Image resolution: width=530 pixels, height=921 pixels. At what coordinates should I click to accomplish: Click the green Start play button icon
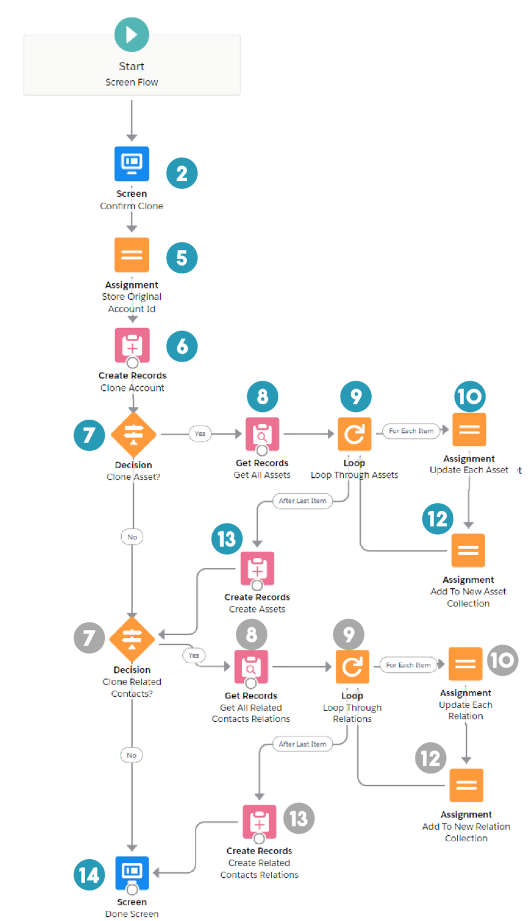(x=132, y=34)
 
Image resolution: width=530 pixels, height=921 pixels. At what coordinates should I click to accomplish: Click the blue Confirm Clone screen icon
(x=132, y=163)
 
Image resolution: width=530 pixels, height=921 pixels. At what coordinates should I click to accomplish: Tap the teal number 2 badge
(x=182, y=173)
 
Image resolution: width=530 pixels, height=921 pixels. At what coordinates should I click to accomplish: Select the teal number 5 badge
(x=182, y=258)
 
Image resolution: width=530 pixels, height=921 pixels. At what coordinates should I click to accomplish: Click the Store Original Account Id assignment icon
(x=132, y=255)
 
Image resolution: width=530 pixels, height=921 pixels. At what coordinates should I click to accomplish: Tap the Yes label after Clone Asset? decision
(x=200, y=434)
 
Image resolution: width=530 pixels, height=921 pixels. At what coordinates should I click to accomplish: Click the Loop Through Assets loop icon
(x=354, y=434)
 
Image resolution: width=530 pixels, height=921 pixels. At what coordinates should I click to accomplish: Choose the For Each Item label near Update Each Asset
(x=411, y=431)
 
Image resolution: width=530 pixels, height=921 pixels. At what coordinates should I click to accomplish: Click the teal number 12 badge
(x=438, y=519)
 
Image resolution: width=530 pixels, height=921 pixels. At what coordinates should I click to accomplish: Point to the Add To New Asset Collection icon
(x=468, y=550)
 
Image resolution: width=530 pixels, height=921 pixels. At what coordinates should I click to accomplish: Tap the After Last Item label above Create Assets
(x=302, y=501)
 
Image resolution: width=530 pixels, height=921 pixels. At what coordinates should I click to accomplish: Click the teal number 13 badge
(x=227, y=538)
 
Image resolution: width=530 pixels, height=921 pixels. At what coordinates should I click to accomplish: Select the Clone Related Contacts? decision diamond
(x=132, y=639)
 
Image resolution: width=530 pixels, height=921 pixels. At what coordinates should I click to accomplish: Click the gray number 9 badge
(x=348, y=635)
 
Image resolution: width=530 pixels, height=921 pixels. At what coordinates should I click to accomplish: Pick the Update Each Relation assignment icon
(x=465, y=664)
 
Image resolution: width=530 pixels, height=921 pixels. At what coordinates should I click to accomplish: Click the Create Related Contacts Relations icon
(x=259, y=821)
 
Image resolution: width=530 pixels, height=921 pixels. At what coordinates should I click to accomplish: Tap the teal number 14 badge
(x=89, y=875)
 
